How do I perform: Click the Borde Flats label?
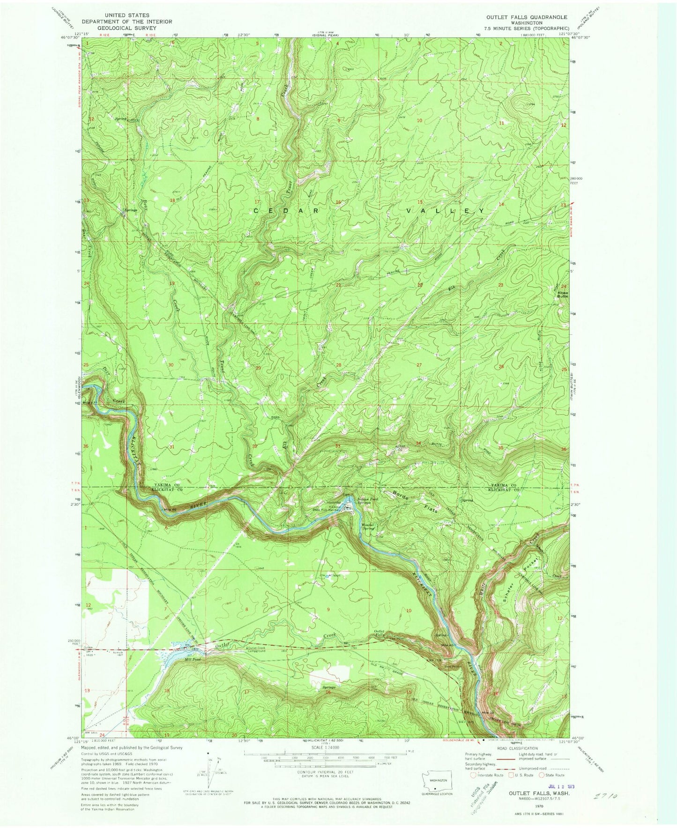pyautogui.click(x=412, y=502)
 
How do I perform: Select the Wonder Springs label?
pyautogui.click(x=371, y=526)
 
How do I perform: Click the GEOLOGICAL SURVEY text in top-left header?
pyautogui.click(x=127, y=28)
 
